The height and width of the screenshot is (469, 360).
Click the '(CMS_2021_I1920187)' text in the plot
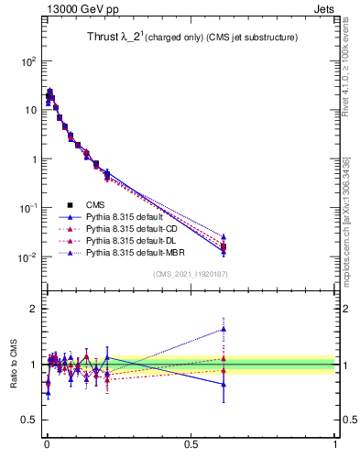(x=191, y=273)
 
